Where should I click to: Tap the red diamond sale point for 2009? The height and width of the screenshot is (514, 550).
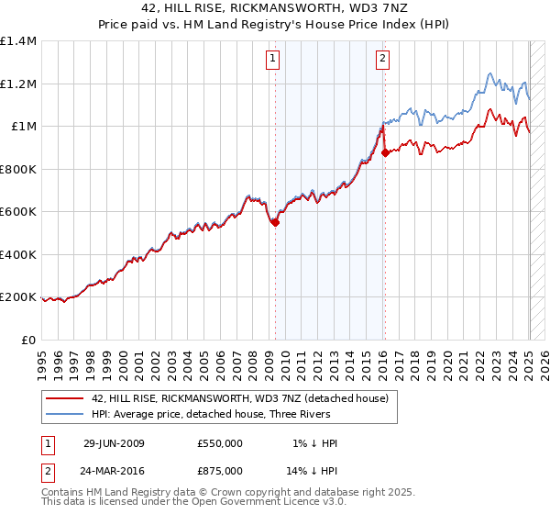[x=275, y=221]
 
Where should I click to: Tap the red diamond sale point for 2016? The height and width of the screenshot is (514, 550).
[x=385, y=153]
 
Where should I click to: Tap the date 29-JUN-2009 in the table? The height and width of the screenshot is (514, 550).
[x=114, y=443]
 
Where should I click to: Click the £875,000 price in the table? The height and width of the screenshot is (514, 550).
[x=220, y=470]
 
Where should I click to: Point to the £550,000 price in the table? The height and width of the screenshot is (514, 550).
[x=220, y=443]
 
